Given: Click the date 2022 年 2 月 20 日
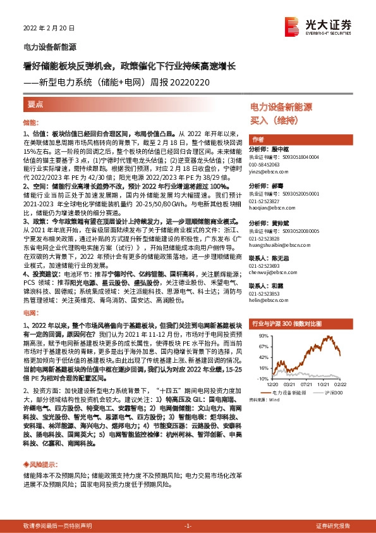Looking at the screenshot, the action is pyautogui.click(x=49, y=28).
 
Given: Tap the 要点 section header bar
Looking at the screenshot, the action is pyautogui.click(x=35, y=104).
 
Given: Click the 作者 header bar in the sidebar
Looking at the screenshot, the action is pyautogui.click(x=258, y=139).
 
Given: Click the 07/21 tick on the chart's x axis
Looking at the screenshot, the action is pyautogui.click(x=308, y=383).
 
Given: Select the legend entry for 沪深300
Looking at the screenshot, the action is pyautogui.click(x=333, y=392).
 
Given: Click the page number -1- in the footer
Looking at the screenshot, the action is pyautogui.click(x=188, y=526).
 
